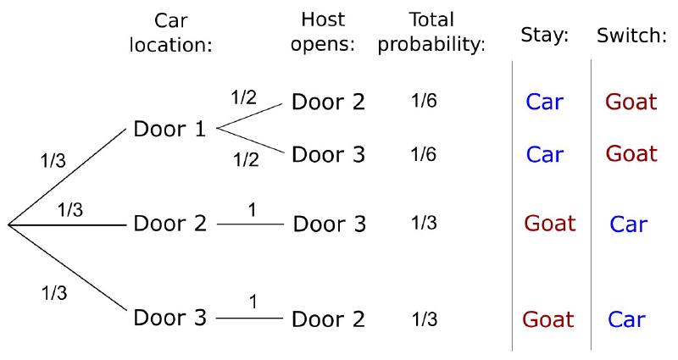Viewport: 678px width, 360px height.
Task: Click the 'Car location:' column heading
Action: pyautogui.click(x=171, y=32)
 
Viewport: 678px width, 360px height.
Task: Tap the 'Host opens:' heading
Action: pyautogui.click(x=323, y=31)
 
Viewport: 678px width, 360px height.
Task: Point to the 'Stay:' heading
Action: pyautogui.click(x=544, y=35)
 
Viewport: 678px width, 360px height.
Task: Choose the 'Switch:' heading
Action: pyautogui.click(x=631, y=35)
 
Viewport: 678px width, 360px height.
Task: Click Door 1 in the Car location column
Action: pyautogui.click(x=169, y=129)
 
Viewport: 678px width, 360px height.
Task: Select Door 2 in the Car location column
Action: pyautogui.click(x=170, y=224)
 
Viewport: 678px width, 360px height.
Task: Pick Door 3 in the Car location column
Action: pyautogui.click(x=170, y=318)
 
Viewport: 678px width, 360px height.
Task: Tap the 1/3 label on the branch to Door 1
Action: pyautogui.click(x=53, y=161)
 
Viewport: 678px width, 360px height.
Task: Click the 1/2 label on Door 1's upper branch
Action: pyautogui.click(x=244, y=97)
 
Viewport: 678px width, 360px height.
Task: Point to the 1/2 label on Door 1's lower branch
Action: pyautogui.click(x=246, y=160)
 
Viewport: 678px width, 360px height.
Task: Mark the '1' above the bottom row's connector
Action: pyautogui.click(x=253, y=302)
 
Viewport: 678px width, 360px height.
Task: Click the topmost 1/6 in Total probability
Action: pyautogui.click(x=424, y=101)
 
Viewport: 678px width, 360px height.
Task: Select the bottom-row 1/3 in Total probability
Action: pyautogui.click(x=425, y=319)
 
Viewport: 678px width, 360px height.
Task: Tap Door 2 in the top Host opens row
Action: pyautogui.click(x=329, y=102)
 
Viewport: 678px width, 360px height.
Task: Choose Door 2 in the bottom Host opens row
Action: pyautogui.click(x=329, y=319)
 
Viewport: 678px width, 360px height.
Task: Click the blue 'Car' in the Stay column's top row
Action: pyautogui.click(x=545, y=102)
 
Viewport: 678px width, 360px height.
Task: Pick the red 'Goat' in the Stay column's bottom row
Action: pyautogui.click(x=547, y=319)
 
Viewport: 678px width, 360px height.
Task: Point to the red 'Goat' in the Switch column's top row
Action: pyautogui.click(x=631, y=102)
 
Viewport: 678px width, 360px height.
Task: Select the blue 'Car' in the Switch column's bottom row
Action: pyautogui.click(x=626, y=319)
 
